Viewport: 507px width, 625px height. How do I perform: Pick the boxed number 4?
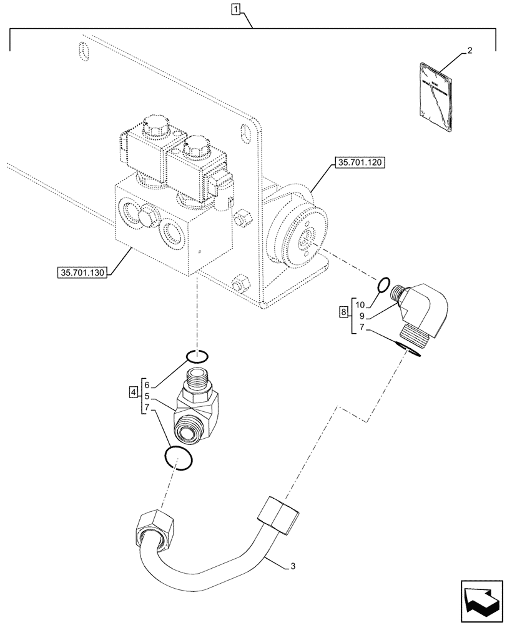click(134, 392)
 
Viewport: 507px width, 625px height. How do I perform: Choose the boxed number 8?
click(343, 312)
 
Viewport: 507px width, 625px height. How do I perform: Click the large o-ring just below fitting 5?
click(179, 458)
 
